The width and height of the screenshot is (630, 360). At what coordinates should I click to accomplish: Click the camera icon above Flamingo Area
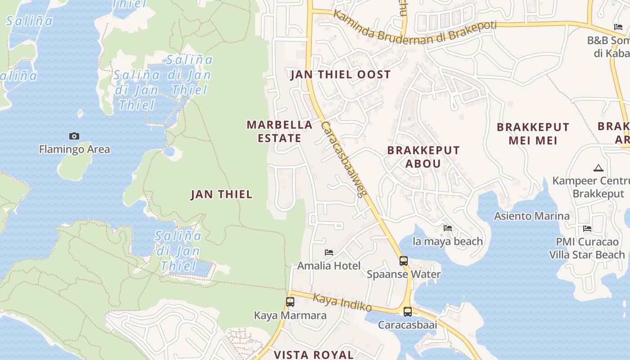(74, 136)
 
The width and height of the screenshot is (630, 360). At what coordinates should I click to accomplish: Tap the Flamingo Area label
(74, 149)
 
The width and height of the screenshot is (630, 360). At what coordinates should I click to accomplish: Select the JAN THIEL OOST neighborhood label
(341, 75)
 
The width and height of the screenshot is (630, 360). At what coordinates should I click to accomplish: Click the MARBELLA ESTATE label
(279, 131)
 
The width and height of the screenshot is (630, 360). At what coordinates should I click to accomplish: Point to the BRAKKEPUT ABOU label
(423, 157)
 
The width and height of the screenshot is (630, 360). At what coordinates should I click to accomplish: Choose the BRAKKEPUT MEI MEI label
(533, 134)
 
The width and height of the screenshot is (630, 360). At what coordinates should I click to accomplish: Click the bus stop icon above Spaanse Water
(403, 261)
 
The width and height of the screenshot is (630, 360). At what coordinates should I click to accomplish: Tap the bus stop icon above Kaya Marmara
(290, 302)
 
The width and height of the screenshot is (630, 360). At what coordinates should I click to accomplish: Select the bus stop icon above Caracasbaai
(407, 311)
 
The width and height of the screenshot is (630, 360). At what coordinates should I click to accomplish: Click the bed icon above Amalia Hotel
(329, 252)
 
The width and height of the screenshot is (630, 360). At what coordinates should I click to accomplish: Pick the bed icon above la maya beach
(448, 228)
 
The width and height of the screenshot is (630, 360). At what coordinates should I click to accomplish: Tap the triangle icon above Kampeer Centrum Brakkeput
(598, 168)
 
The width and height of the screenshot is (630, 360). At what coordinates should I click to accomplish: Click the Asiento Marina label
(532, 216)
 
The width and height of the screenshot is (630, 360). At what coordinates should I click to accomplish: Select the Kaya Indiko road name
(342, 302)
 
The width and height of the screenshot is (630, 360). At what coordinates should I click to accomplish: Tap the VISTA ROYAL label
(314, 355)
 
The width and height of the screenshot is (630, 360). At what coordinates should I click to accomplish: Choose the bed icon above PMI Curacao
(587, 229)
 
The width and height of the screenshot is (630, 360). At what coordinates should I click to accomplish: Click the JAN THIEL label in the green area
(221, 194)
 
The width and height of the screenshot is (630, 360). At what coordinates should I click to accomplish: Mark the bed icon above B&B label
(618, 27)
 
